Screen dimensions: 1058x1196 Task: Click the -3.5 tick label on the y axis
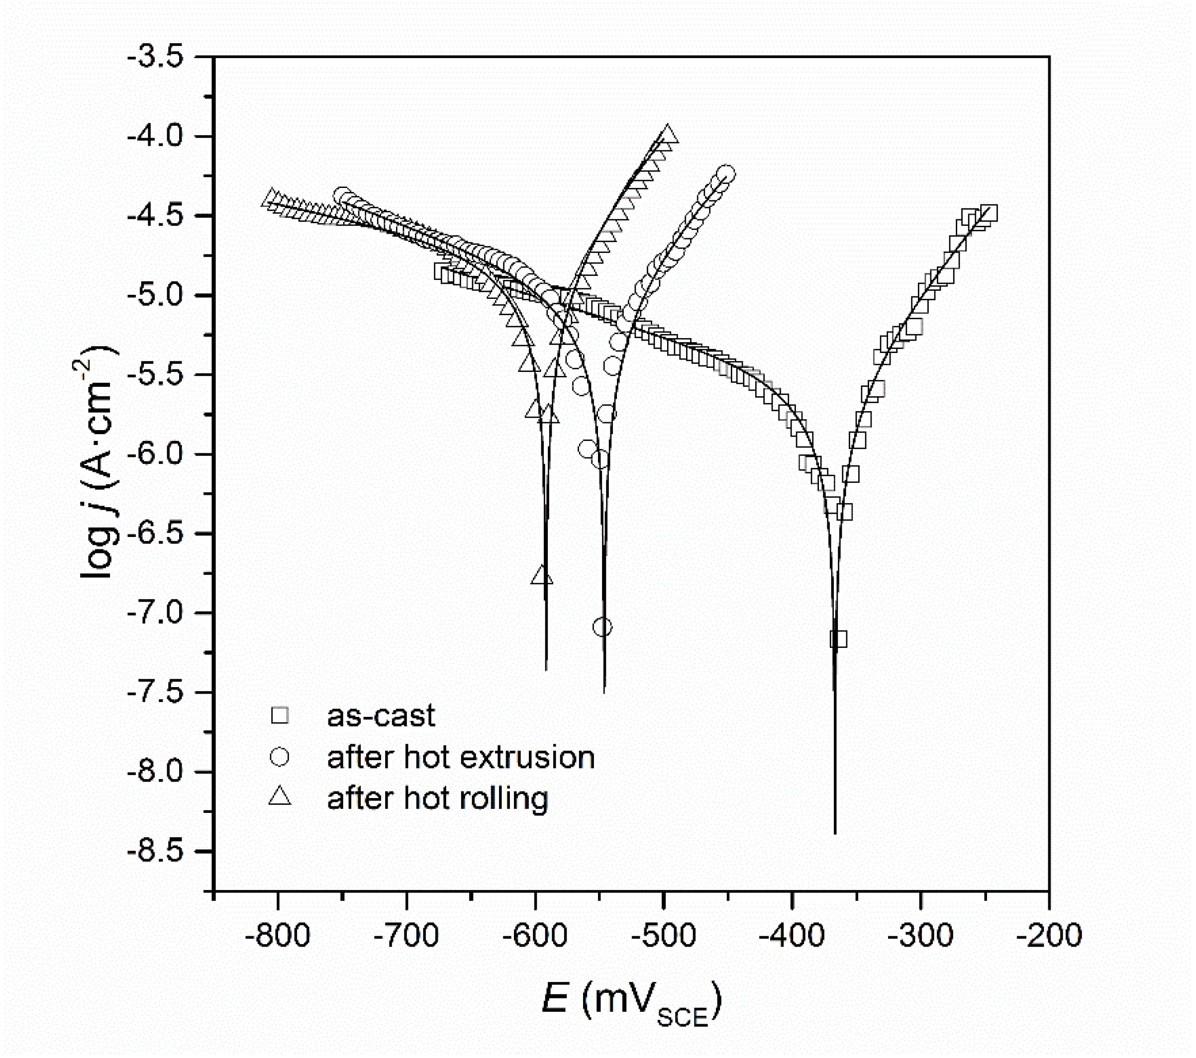155,57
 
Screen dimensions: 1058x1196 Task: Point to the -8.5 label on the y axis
155,852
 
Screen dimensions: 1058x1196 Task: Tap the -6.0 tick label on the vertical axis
155,454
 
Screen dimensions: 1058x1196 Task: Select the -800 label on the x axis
277,936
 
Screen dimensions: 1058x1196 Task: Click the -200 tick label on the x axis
1049,936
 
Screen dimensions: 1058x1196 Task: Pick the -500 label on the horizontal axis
663,936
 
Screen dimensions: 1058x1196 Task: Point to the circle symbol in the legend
280,757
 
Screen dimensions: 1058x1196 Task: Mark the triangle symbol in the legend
280,797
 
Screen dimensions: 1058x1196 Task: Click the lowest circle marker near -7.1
602,627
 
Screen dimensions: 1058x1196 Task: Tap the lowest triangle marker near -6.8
542,576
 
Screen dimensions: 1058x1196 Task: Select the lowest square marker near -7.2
838,639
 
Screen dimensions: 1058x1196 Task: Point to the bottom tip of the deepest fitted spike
834,833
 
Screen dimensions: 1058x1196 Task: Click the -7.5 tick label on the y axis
155,693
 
